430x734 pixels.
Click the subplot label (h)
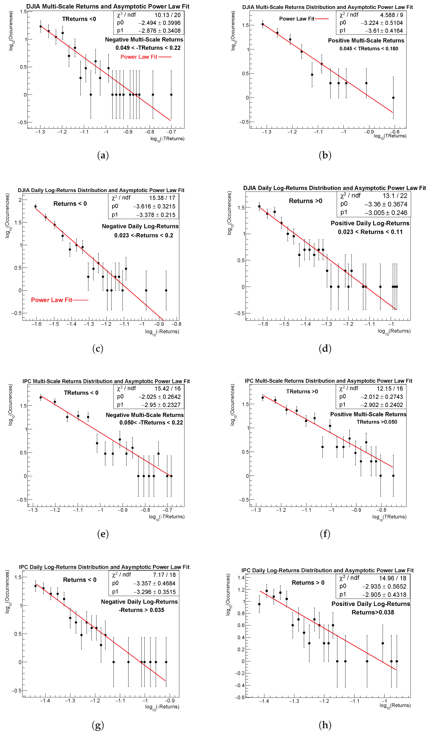(x=325, y=725)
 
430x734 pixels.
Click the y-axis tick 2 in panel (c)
(x=20, y=200)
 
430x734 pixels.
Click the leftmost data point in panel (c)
(x=36, y=206)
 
